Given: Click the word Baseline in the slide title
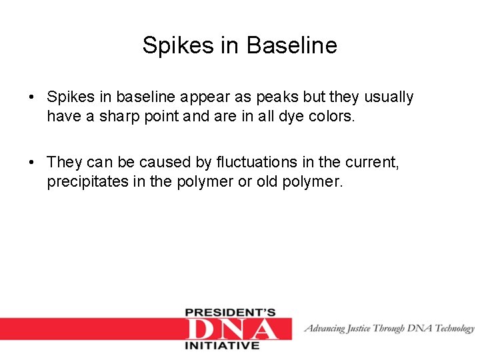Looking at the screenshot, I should click(292, 45).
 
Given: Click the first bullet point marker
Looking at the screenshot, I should click(32, 97).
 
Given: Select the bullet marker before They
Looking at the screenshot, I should click(32, 162).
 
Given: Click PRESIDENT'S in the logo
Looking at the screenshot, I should click(230, 313).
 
